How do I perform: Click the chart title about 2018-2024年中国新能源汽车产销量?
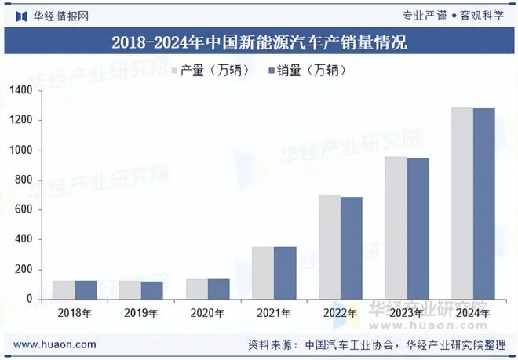[259, 42]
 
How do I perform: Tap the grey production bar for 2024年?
[462, 203]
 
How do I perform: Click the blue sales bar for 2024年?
[484, 204]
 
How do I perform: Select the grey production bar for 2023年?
[396, 227]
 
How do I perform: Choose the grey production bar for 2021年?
[263, 273]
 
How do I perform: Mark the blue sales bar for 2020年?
[219, 289]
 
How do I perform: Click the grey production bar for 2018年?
[64, 290]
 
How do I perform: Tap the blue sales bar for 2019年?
[152, 290]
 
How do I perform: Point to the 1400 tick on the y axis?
[21, 91]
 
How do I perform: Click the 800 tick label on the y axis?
[24, 180]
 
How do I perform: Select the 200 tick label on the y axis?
[24, 270]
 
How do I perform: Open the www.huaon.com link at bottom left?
[56, 344]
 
